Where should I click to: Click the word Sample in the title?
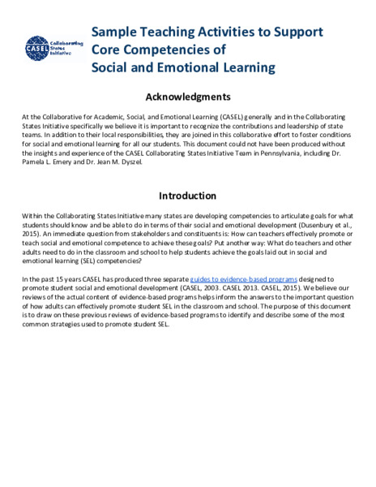tap(113, 33)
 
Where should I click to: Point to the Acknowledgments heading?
tap(187, 97)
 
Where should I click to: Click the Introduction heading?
tap(187, 196)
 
